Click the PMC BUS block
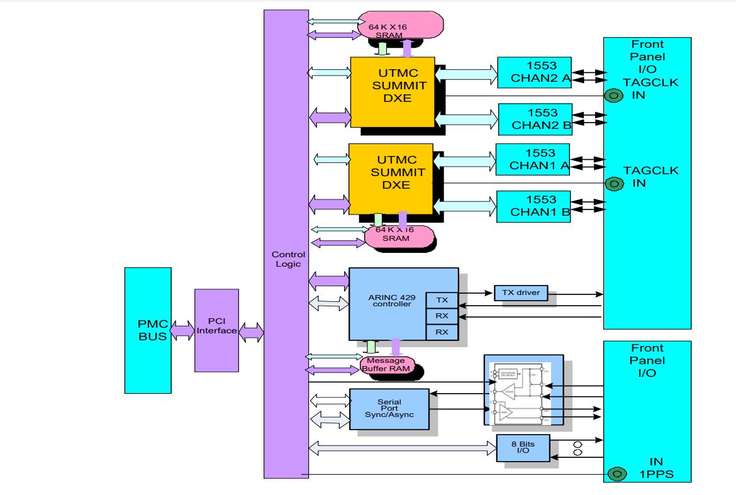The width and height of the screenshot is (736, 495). (x=148, y=330)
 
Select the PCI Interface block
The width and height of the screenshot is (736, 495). (x=216, y=330)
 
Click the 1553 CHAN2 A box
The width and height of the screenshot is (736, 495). (x=533, y=72)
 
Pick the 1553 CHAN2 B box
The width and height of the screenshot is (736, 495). (x=535, y=119)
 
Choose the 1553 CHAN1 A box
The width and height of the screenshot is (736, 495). (x=532, y=159)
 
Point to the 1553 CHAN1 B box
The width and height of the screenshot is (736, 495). (x=533, y=206)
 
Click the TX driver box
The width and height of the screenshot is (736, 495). (x=521, y=293)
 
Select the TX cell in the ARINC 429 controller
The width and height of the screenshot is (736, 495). (x=442, y=300)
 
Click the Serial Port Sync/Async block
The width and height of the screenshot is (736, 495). (x=389, y=409)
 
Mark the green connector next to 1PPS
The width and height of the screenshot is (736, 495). (x=617, y=473)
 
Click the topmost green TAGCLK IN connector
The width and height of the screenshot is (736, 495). (x=613, y=96)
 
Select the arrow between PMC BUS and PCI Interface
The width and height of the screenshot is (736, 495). (x=182, y=330)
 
